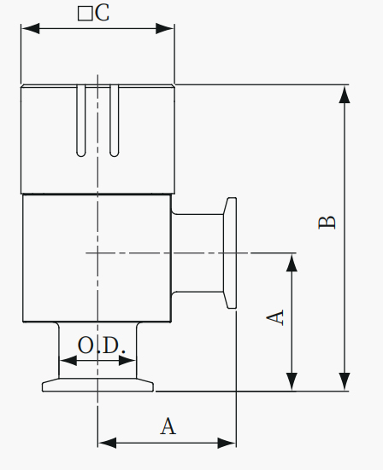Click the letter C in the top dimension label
[102, 13]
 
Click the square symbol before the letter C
[85, 14]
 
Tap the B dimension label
[327, 222]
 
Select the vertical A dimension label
[275, 317]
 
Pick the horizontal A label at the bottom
[168, 426]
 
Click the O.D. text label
[102, 345]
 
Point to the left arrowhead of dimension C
[30, 28]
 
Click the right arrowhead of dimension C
[165, 28]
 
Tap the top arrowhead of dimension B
[345, 95]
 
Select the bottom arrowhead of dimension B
[345, 381]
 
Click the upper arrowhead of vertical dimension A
[292, 263]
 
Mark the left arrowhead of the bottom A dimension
[107, 443]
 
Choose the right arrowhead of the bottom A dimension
[227, 443]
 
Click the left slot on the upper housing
[81, 120]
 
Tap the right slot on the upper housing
[115, 120]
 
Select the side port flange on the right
[230, 252]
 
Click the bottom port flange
[98, 385]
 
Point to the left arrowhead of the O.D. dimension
[68, 361]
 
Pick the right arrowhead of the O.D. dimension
[127, 361]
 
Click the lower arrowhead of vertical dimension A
[292, 381]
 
